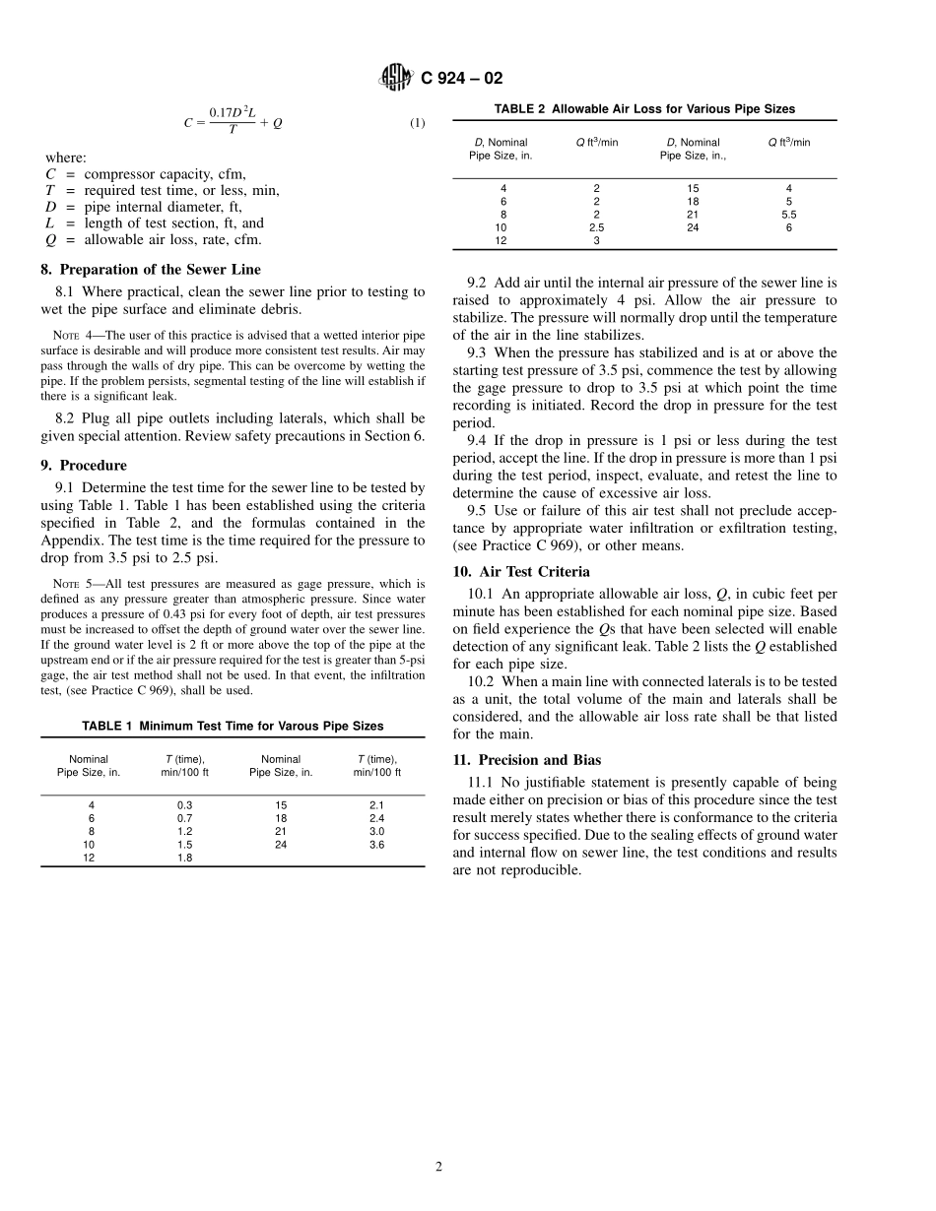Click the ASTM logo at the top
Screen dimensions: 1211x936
point(396,78)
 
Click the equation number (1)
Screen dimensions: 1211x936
point(417,123)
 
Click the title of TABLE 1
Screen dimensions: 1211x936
point(233,726)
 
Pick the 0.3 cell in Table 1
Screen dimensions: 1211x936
point(184,804)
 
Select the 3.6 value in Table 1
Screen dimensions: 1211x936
point(376,844)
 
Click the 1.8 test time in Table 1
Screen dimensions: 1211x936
point(184,858)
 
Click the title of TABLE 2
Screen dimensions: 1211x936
point(644,109)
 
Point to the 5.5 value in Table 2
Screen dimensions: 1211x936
point(788,214)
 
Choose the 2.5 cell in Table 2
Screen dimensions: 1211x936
point(596,227)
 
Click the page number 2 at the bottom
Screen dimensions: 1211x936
point(439,1167)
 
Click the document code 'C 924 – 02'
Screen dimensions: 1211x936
point(461,79)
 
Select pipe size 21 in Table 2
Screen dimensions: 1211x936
point(693,214)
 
